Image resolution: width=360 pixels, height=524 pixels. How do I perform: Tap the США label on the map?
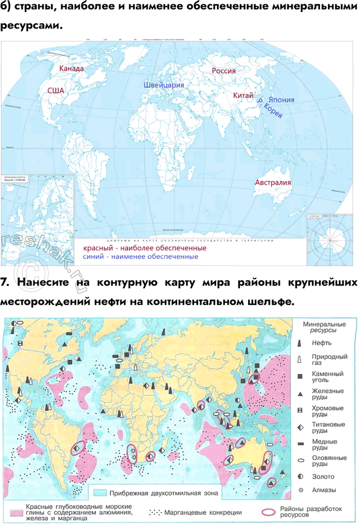click(56, 91)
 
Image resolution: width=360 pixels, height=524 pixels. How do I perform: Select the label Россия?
click(223, 71)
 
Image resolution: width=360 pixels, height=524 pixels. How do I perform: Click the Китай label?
click(243, 96)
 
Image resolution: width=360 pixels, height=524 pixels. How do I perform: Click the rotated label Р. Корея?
click(269, 111)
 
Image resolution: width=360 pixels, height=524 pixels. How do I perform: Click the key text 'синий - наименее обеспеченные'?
click(140, 257)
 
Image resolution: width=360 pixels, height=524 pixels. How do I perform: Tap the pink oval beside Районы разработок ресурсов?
click(268, 512)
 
